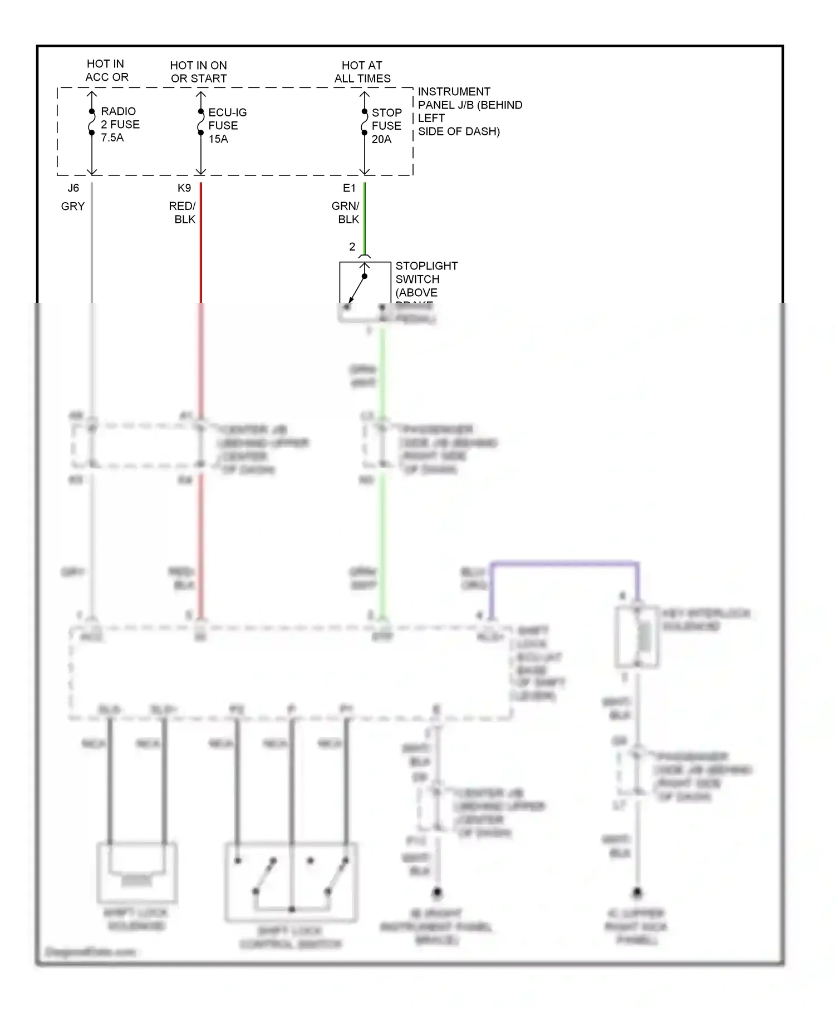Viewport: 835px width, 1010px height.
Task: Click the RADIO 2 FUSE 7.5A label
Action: click(x=120, y=125)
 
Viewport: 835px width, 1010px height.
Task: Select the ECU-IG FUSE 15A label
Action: click(x=227, y=126)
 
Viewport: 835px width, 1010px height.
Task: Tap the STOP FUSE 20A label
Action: click(x=386, y=126)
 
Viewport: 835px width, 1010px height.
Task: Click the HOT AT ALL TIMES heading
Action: click(x=362, y=72)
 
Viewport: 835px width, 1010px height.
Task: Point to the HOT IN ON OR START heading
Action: click(x=198, y=72)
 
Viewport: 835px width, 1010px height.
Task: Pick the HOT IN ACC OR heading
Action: click(x=106, y=71)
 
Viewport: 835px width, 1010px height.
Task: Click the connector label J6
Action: click(x=73, y=188)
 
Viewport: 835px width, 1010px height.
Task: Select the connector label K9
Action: click(x=184, y=188)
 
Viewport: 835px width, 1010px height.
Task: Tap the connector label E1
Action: click(x=349, y=188)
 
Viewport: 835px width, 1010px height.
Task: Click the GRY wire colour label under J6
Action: click(x=73, y=207)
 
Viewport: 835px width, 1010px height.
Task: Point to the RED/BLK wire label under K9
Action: click(x=183, y=213)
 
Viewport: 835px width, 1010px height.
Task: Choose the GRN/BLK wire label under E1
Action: click(x=346, y=213)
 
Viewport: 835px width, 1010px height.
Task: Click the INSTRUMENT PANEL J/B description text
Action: click(x=469, y=111)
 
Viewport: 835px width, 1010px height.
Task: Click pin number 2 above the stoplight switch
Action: click(x=352, y=247)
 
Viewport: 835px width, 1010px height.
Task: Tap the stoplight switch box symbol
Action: click(x=365, y=290)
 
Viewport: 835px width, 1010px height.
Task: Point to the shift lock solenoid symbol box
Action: click(x=137, y=872)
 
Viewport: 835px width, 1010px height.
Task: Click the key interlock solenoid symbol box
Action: click(x=637, y=637)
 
